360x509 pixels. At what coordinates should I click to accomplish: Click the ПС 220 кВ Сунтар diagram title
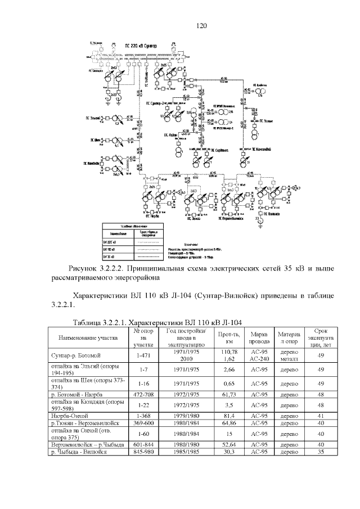141,44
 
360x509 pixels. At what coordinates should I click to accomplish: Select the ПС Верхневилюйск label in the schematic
230,220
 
